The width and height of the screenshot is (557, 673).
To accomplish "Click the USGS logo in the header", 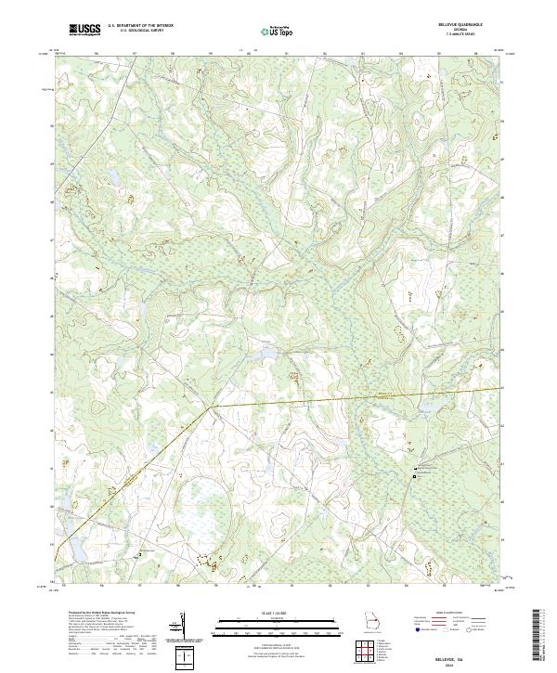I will click(x=84, y=29).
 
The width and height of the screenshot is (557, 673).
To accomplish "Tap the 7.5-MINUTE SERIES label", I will click(x=462, y=36).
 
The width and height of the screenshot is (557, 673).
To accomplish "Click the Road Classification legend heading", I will click(x=449, y=615).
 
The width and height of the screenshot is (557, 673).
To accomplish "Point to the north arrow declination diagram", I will click(x=183, y=627).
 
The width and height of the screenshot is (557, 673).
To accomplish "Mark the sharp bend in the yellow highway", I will click(x=212, y=406).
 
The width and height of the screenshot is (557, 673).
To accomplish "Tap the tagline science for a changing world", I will click(x=84, y=34).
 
